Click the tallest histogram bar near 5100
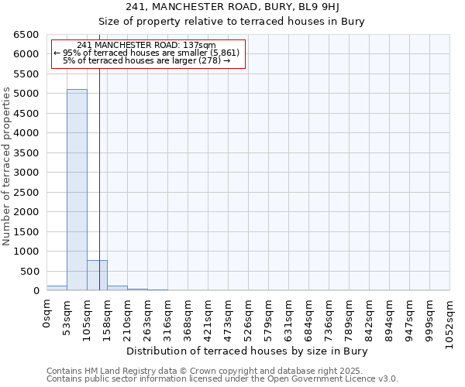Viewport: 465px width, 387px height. [x=77, y=190]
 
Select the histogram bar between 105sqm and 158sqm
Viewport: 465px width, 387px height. [x=97, y=276]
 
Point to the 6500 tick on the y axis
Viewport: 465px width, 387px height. [x=25, y=35]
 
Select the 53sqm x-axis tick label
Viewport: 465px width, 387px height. [x=67, y=313]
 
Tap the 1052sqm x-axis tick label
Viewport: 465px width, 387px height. [x=449, y=319]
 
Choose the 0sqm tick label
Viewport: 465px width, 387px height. [x=46, y=312]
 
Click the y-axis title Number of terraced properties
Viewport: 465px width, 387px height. [x=7, y=166]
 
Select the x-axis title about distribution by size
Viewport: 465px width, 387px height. [x=246, y=351]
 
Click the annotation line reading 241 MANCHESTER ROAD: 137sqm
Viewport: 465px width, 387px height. [x=147, y=46]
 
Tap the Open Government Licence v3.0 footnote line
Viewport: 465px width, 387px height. [x=222, y=379]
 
